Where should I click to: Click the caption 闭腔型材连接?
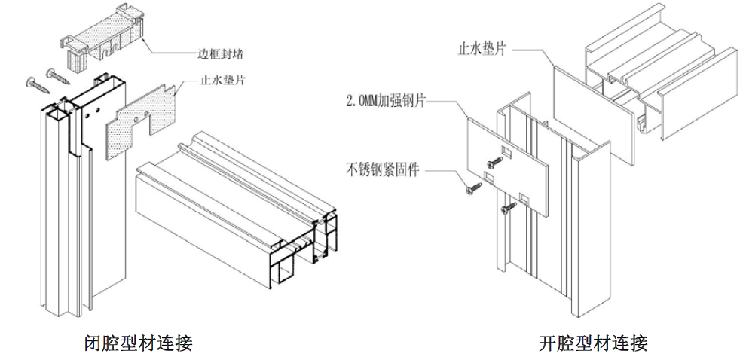click(139, 343)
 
